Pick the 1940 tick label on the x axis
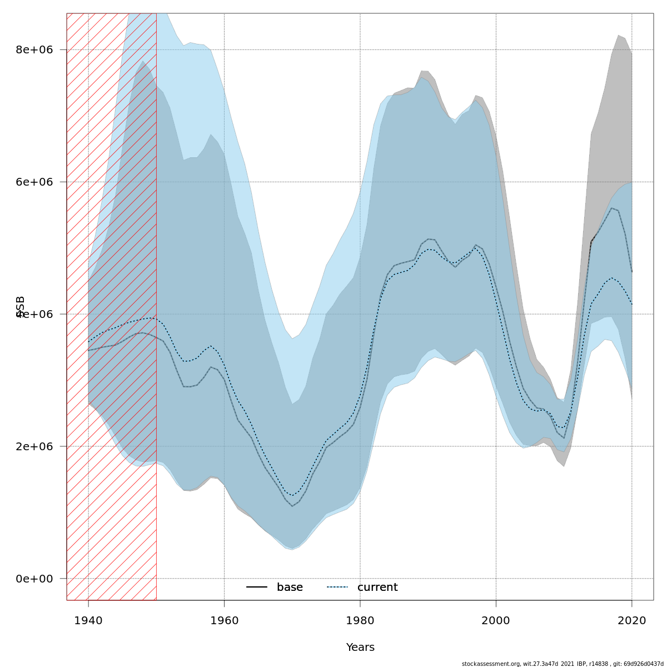pyautogui.click(x=88, y=620)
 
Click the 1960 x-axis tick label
pyautogui.click(x=224, y=620)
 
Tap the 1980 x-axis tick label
pyautogui.click(x=360, y=620)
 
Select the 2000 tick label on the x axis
pyautogui.click(x=496, y=620)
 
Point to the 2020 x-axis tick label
pyautogui.click(x=632, y=620)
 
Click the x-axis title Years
pyautogui.click(x=360, y=648)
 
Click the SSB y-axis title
pyautogui.click(x=21, y=307)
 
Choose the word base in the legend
pyautogui.click(x=290, y=588)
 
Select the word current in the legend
pyautogui.click(x=377, y=588)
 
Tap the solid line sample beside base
pyautogui.click(x=257, y=588)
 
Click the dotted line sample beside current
pyautogui.click(x=337, y=588)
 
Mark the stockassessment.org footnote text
pyautogui.click(x=563, y=664)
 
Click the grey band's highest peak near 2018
pyautogui.click(x=618, y=36)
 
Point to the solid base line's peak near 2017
pyautogui.click(x=611, y=208)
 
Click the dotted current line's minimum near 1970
pyautogui.click(x=292, y=495)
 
